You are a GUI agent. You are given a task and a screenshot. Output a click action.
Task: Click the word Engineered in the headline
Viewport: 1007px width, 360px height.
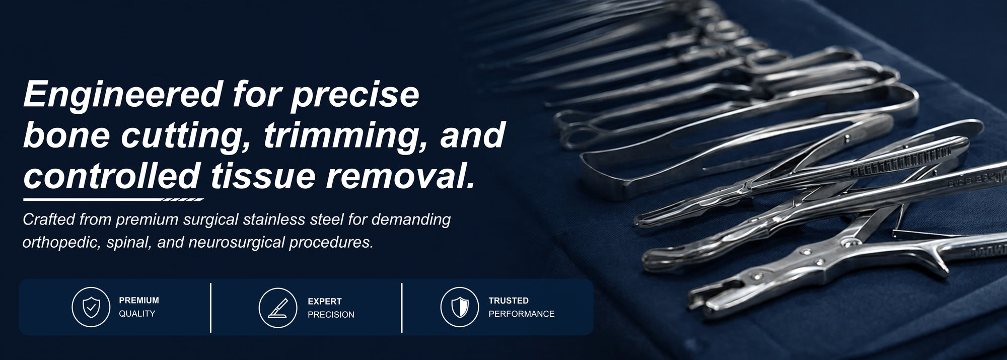pos(123,95)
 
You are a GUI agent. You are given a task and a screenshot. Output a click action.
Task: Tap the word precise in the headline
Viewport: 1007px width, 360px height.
pos(355,95)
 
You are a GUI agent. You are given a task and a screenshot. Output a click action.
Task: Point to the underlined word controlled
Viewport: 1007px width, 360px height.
pos(112,176)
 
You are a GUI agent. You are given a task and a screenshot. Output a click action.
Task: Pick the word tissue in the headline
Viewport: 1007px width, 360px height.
pos(263,176)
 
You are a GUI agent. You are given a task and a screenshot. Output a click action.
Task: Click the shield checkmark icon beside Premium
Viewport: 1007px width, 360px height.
pos(91,307)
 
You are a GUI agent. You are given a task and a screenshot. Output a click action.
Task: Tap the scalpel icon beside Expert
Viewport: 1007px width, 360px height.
pos(278,308)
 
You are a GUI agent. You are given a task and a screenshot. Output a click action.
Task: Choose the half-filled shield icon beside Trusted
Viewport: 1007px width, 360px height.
pos(460,307)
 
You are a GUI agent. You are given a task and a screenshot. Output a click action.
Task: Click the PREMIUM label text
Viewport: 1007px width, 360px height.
pos(139,301)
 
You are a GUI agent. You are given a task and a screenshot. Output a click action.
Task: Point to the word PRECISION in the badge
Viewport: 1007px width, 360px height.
pos(331,315)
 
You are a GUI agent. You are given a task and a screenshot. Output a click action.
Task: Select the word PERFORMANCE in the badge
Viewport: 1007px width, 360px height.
pos(521,314)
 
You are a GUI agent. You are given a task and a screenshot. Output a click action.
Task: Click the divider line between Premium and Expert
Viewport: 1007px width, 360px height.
pos(210,308)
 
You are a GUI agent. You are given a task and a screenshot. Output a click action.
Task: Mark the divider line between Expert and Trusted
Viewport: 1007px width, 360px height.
pos(402,308)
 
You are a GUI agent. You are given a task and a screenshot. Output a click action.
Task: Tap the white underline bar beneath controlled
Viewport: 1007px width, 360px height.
pos(114,200)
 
